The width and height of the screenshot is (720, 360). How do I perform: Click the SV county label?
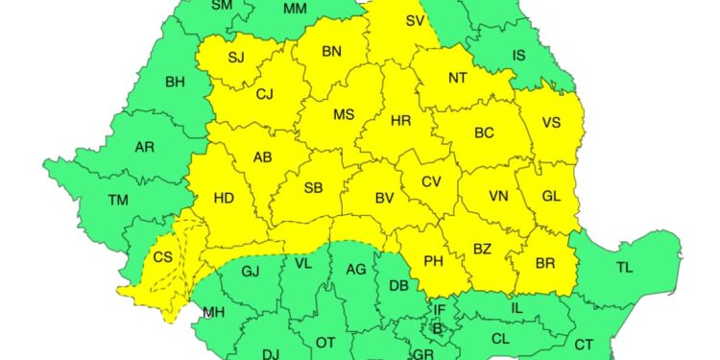click(x=415, y=20)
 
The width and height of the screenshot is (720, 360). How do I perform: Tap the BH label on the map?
click(x=175, y=83)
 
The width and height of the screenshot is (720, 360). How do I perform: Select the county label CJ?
click(x=265, y=94)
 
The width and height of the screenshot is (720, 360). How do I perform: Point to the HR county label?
click(x=401, y=120)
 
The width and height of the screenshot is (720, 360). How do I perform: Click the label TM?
click(x=118, y=200)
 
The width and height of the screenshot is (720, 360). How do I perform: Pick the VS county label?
click(x=550, y=122)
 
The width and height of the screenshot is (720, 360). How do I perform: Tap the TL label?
click(x=624, y=267)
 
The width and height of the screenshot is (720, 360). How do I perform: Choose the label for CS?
click(x=163, y=256)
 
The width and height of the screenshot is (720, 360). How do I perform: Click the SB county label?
click(x=313, y=187)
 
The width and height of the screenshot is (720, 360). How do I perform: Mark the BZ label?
click(x=482, y=250)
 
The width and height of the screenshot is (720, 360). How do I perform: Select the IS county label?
click(x=518, y=56)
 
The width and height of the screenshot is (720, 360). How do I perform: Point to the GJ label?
click(x=251, y=271)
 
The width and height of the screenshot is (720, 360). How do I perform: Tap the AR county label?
click(x=145, y=147)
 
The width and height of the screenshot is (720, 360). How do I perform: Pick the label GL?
click(x=550, y=196)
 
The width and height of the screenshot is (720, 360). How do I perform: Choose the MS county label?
click(x=344, y=114)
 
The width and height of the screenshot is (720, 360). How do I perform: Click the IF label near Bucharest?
click(x=440, y=309)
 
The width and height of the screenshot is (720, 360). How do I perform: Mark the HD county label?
click(x=224, y=199)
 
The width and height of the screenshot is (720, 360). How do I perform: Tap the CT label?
click(x=584, y=344)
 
